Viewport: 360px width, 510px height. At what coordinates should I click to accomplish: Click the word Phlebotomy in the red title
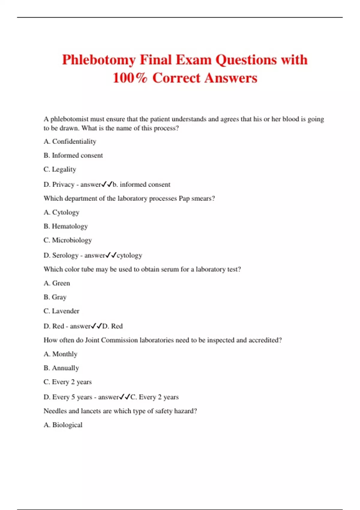99,60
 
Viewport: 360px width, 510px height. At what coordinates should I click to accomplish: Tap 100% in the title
130,78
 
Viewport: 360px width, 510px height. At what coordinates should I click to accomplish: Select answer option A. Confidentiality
70,141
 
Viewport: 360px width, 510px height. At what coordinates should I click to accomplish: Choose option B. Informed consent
73,155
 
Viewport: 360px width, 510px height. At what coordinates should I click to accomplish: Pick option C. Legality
60,169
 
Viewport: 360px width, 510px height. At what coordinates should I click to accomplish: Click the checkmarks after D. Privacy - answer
107,184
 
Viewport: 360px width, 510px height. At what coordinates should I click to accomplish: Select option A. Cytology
61,212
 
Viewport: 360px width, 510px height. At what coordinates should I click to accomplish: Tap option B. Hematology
66,226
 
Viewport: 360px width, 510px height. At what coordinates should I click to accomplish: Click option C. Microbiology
68,240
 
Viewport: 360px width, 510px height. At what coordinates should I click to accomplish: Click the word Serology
65,255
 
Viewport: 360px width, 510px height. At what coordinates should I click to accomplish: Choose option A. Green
57,283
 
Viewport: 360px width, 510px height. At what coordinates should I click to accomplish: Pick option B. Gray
55,297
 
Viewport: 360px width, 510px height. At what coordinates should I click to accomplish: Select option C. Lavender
61,311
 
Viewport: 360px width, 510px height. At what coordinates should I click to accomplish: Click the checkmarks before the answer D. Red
96,326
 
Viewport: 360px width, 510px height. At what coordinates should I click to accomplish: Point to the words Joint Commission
111,340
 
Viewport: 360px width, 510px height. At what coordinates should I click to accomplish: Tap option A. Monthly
61,354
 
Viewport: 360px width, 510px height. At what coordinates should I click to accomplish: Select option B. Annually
61,368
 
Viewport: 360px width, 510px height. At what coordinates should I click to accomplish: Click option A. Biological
63,425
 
